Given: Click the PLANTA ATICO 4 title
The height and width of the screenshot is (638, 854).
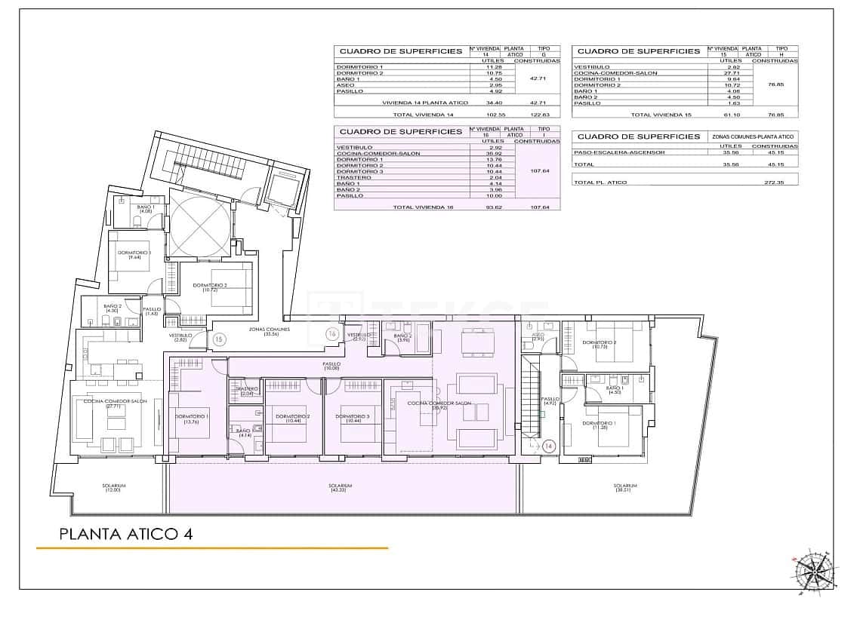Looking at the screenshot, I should (125, 534).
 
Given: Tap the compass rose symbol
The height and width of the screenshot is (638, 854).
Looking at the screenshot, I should (812, 571).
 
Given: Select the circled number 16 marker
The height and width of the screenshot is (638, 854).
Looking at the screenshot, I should (332, 333).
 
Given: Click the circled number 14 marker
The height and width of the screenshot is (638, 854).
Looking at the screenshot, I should (549, 446).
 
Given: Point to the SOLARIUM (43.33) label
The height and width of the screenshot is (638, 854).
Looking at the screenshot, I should (341, 488).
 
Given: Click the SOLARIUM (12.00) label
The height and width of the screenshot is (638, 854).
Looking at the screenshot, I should (114, 488).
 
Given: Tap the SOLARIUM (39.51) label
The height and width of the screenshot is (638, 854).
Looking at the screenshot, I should (625, 488).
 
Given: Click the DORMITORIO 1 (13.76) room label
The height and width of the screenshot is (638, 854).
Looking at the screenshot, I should (192, 419).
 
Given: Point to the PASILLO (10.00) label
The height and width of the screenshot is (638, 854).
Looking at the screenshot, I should (331, 366).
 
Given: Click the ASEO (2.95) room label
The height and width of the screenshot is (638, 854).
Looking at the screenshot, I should (538, 337).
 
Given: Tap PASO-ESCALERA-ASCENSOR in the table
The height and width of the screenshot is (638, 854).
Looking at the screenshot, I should (618, 152).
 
